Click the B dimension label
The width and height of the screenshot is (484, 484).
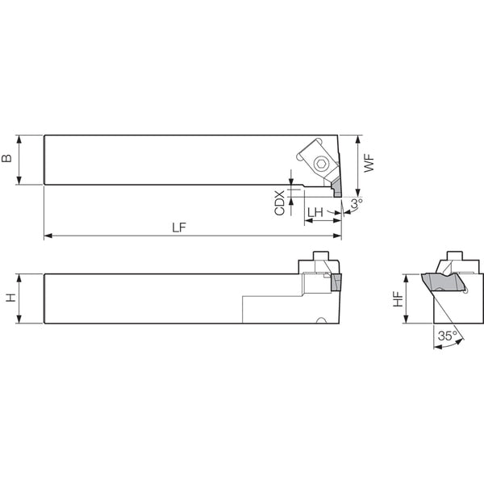click(6, 158)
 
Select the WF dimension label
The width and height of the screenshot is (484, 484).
click(369, 164)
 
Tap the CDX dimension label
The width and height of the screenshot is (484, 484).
click(280, 202)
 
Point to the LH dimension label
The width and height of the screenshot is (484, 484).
click(315, 212)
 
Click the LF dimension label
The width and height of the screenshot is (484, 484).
click(179, 227)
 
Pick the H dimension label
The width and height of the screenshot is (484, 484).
click(11, 298)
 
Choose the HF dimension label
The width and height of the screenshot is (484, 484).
click(398, 299)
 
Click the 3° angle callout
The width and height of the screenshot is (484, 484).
click(357, 203)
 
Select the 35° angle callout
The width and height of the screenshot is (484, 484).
click(448, 336)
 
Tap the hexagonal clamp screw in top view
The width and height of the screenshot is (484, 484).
click(320, 163)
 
